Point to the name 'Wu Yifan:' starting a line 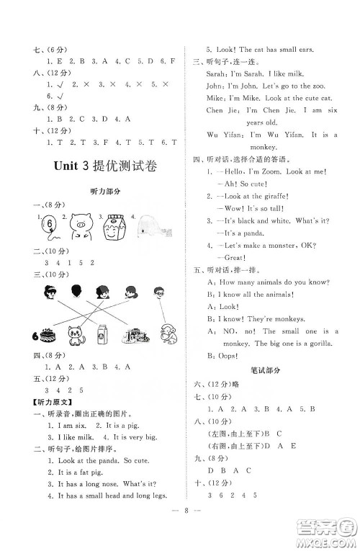pyautogui.click(x=225, y=135)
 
